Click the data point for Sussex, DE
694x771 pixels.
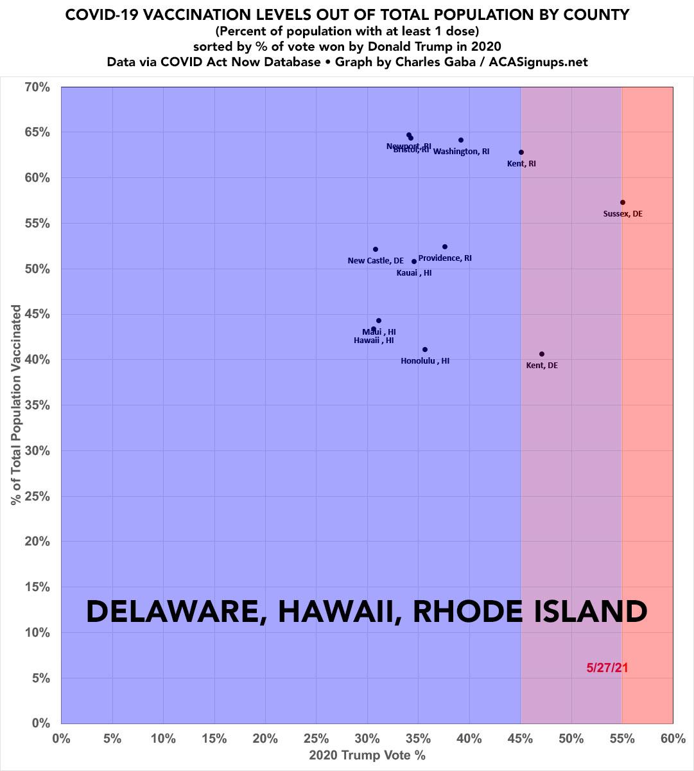622,202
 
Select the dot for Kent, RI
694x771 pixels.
521,152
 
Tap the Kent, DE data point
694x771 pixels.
542,354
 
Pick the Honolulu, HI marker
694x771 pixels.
425,350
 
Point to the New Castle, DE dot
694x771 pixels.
376,249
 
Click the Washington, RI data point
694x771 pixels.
461,140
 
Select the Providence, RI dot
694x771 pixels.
444,247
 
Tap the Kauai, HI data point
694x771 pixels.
414,261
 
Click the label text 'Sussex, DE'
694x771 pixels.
622,214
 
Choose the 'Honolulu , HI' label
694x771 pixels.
425,361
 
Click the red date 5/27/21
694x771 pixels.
607,668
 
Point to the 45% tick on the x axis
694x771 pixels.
520,739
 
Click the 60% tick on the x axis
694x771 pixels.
673,739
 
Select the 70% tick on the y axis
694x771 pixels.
37,87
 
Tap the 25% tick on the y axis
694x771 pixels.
37,497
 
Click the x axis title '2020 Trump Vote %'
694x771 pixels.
367,756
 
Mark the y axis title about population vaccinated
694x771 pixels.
16,405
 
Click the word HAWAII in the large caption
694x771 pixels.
338,612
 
